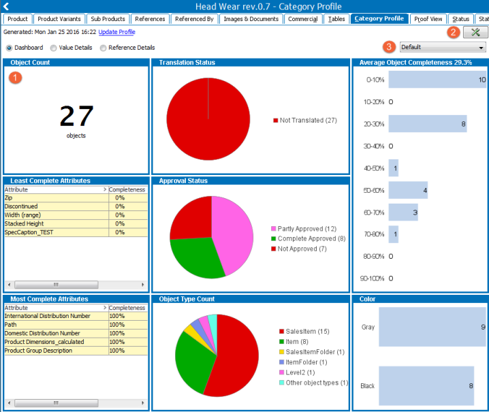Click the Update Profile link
[116, 32]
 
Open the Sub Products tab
[108, 19]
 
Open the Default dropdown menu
[443, 47]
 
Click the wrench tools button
[475, 32]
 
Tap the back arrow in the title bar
[7, 6]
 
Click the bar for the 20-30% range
[427, 124]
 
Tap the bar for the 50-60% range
[408, 190]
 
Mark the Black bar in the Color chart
[426, 385]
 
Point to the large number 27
[76, 116]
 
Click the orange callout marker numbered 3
[390, 47]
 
